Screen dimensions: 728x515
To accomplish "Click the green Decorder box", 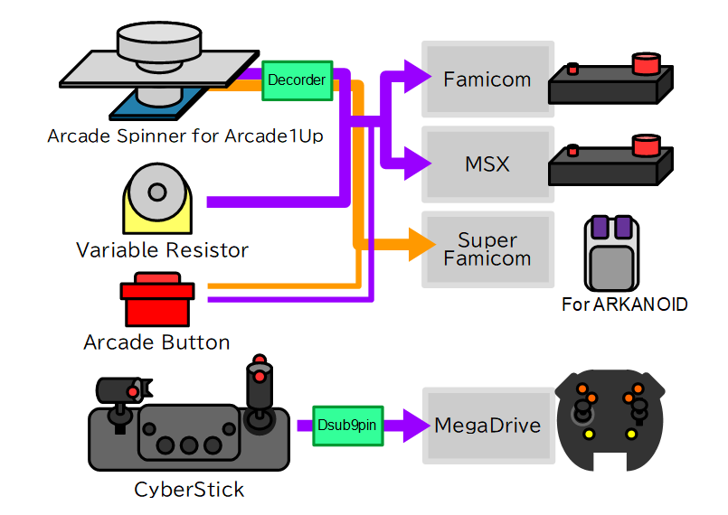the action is click(298, 80).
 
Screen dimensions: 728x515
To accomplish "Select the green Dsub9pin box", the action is click(348, 426).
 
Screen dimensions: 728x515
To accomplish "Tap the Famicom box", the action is click(487, 79).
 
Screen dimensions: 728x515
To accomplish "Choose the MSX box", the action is click(487, 164).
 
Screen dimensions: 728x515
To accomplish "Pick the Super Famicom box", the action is click(487, 249).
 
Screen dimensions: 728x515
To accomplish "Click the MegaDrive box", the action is click(488, 426).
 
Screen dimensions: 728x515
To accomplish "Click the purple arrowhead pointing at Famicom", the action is click(418, 76).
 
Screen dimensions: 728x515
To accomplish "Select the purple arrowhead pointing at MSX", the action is click(418, 164).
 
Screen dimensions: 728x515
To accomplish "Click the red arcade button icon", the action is click(157, 299).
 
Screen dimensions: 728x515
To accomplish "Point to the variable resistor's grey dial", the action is click(157, 192).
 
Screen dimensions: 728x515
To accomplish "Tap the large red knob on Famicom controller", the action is click(647, 63).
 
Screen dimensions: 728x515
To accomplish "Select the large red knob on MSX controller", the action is click(647, 145).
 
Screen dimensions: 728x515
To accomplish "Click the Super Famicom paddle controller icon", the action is click(611, 253).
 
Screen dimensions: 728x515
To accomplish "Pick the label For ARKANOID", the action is click(625, 304).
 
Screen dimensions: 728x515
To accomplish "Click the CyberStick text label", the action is click(189, 489).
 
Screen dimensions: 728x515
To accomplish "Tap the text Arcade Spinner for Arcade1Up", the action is click(185, 136).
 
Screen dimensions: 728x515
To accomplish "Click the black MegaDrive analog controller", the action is click(610, 420).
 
